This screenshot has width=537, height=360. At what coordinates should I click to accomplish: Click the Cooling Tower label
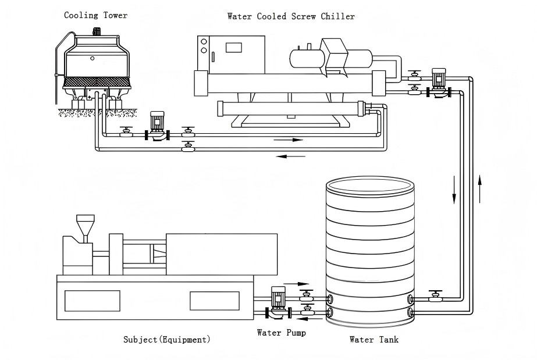[x=95, y=15]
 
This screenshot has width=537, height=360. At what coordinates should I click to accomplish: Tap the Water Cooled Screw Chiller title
[x=290, y=16]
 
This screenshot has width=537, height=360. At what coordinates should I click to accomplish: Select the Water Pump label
[x=281, y=333]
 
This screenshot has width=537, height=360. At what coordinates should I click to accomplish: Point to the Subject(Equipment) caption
[x=167, y=339]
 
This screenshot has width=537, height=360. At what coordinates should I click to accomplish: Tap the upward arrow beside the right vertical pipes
[x=481, y=187]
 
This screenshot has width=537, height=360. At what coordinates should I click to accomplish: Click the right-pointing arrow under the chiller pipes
[x=290, y=140]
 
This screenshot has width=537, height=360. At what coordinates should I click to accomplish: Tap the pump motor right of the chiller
[x=438, y=77]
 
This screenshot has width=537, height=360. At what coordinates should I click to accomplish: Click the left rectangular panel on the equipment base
[x=92, y=300]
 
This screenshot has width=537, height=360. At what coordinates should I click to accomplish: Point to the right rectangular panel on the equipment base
[x=215, y=300]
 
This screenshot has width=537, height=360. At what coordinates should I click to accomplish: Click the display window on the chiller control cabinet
[x=234, y=47]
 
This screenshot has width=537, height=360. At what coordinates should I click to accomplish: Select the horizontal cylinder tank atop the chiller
[x=308, y=56]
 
